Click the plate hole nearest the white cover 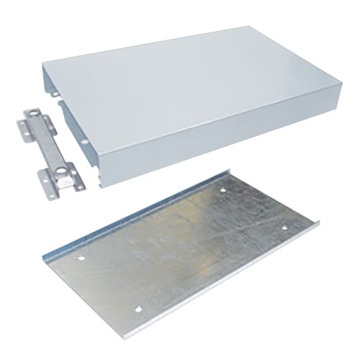pyautogui.click(x=222, y=190)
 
